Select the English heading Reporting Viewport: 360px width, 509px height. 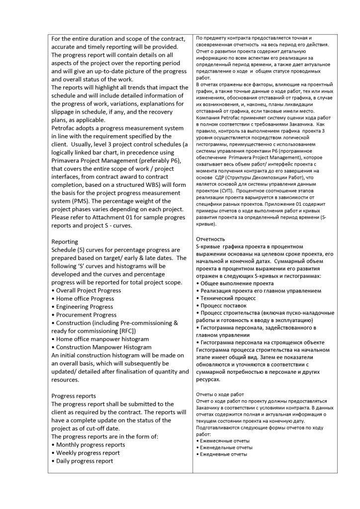point(65,242)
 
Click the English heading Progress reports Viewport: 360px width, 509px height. point(74,396)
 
